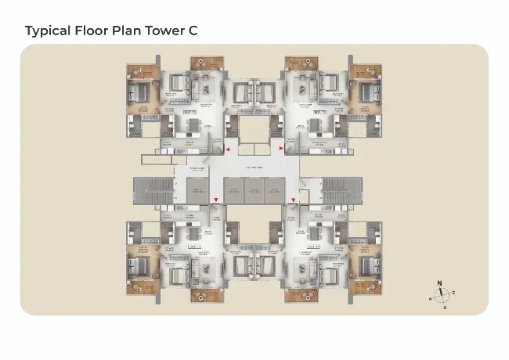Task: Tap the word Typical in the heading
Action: [x=48, y=31]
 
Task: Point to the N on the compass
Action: [x=439, y=283]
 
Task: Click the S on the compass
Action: [x=446, y=308]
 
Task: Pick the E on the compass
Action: [x=454, y=292]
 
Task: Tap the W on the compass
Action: [x=430, y=299]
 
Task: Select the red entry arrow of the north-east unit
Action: [x=281, y=147]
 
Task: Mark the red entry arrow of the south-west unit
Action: [x=216, y=200]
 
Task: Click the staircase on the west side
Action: [x=146, y=190]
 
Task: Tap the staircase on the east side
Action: [x=341, y=190]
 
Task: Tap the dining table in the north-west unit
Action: [x=193, y=125]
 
